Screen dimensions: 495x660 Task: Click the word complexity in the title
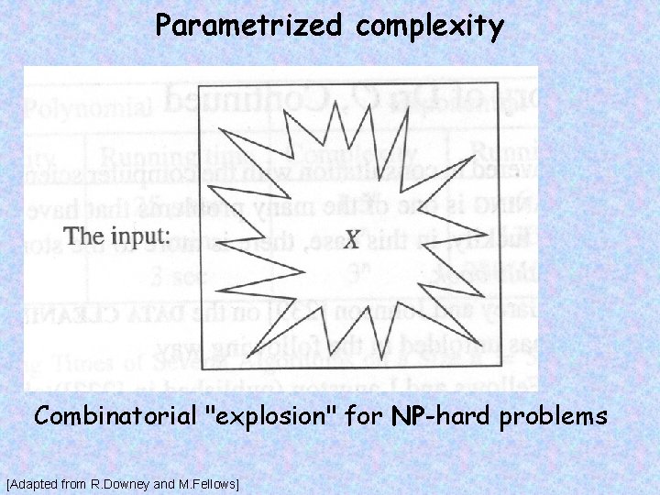click(x=430, y=26)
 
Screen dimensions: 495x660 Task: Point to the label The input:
click(x=118, y=236)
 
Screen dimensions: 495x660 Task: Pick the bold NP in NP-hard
click(x=404, y=417)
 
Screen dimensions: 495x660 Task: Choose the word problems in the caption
click(x=557, y=417)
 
